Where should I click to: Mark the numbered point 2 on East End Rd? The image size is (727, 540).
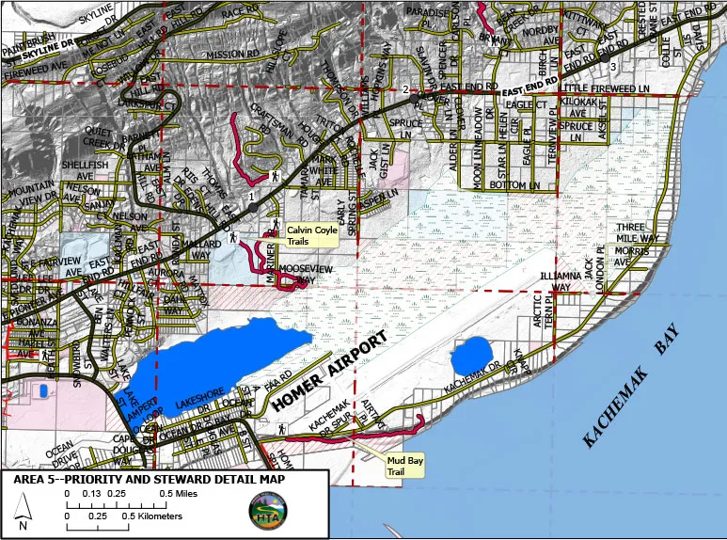[x=414, y=97]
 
